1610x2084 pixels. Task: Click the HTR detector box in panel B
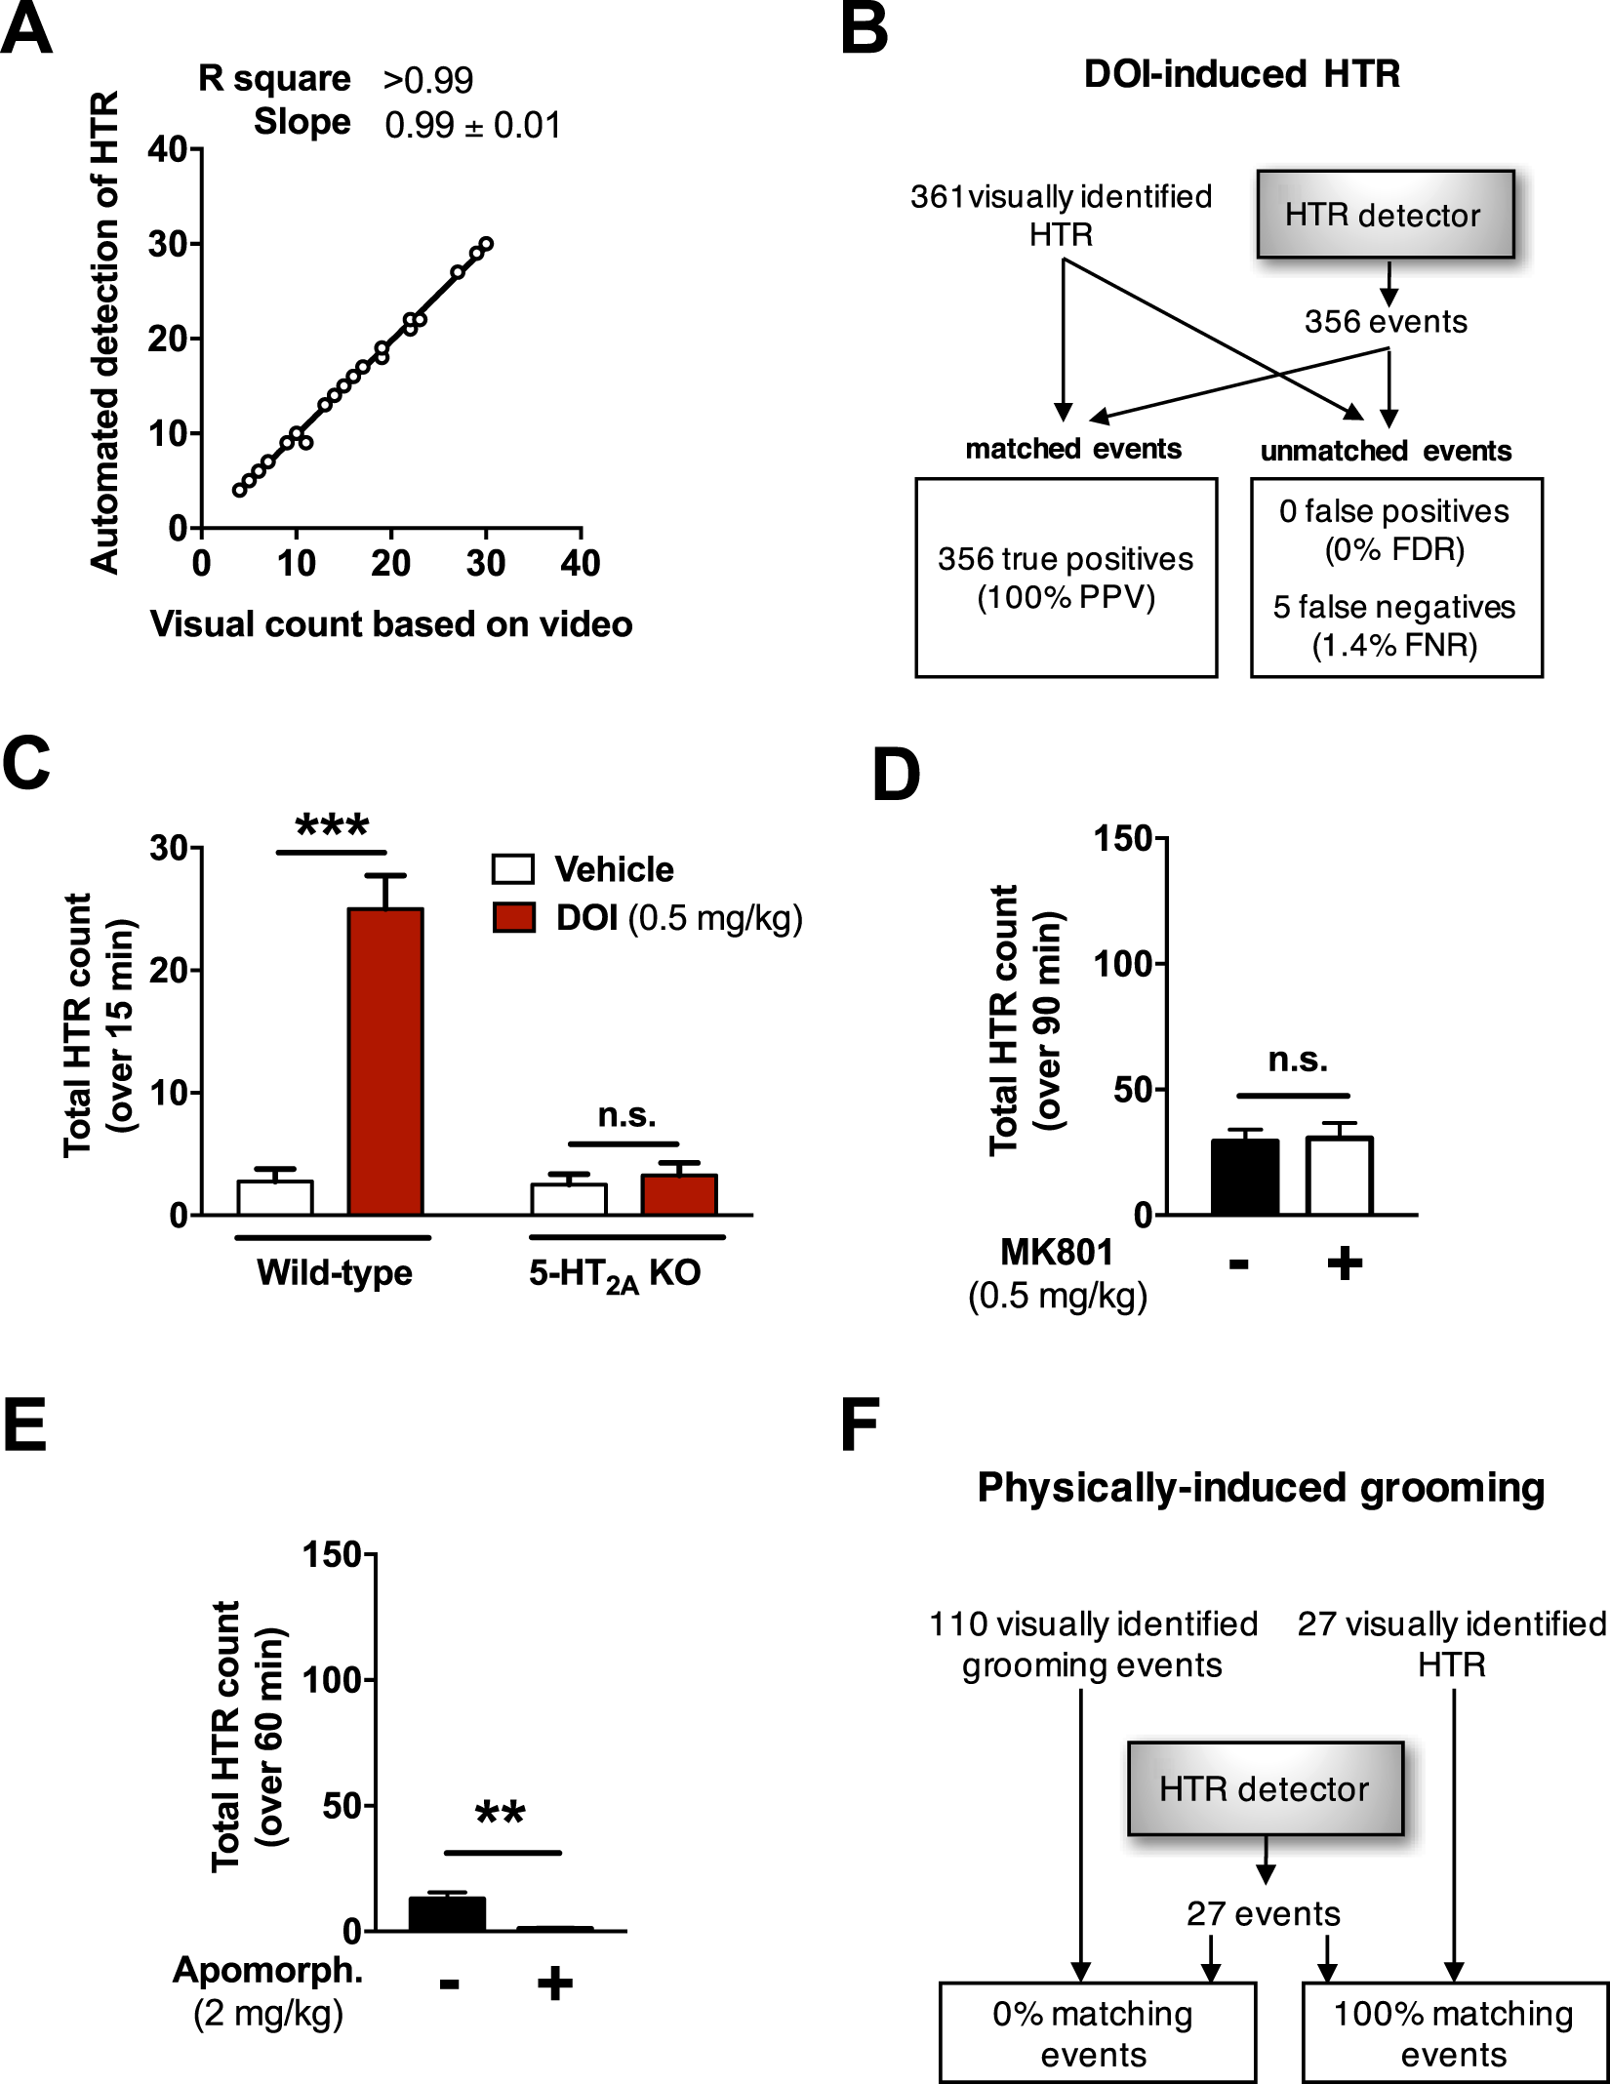(1385, 215)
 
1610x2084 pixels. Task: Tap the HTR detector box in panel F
(1265, 1788)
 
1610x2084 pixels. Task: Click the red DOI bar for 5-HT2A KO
(679, 1195)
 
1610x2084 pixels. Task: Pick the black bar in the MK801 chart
(1244, 1178)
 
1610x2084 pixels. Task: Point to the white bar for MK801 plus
(1340, 1177)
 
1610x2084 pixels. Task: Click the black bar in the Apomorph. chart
(447, 1914)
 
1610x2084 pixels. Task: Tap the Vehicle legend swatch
(513, 869)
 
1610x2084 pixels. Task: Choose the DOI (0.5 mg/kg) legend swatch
(513, 918)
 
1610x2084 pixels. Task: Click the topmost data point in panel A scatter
(486, 244)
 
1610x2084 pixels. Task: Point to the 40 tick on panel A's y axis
(168, 149)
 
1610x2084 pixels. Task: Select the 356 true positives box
(1066, 578)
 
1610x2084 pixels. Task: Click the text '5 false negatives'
(1394, 607)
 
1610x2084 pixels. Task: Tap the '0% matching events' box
(1097, 2031)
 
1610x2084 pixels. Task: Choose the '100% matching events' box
(1454, 2031)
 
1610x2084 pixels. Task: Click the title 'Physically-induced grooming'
(1261, 1488)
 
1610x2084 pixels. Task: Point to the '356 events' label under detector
(1386, 322)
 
